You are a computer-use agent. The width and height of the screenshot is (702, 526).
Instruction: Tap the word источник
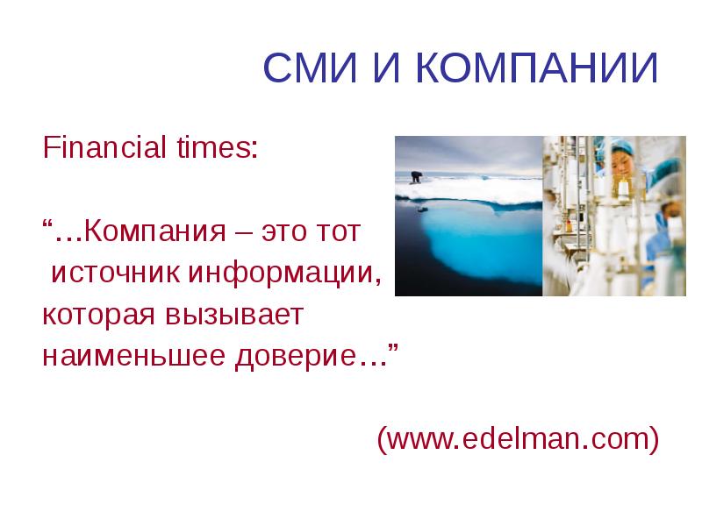[x=112, y=273]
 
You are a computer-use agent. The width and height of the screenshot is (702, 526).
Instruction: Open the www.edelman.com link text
[x=518, y=437]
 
